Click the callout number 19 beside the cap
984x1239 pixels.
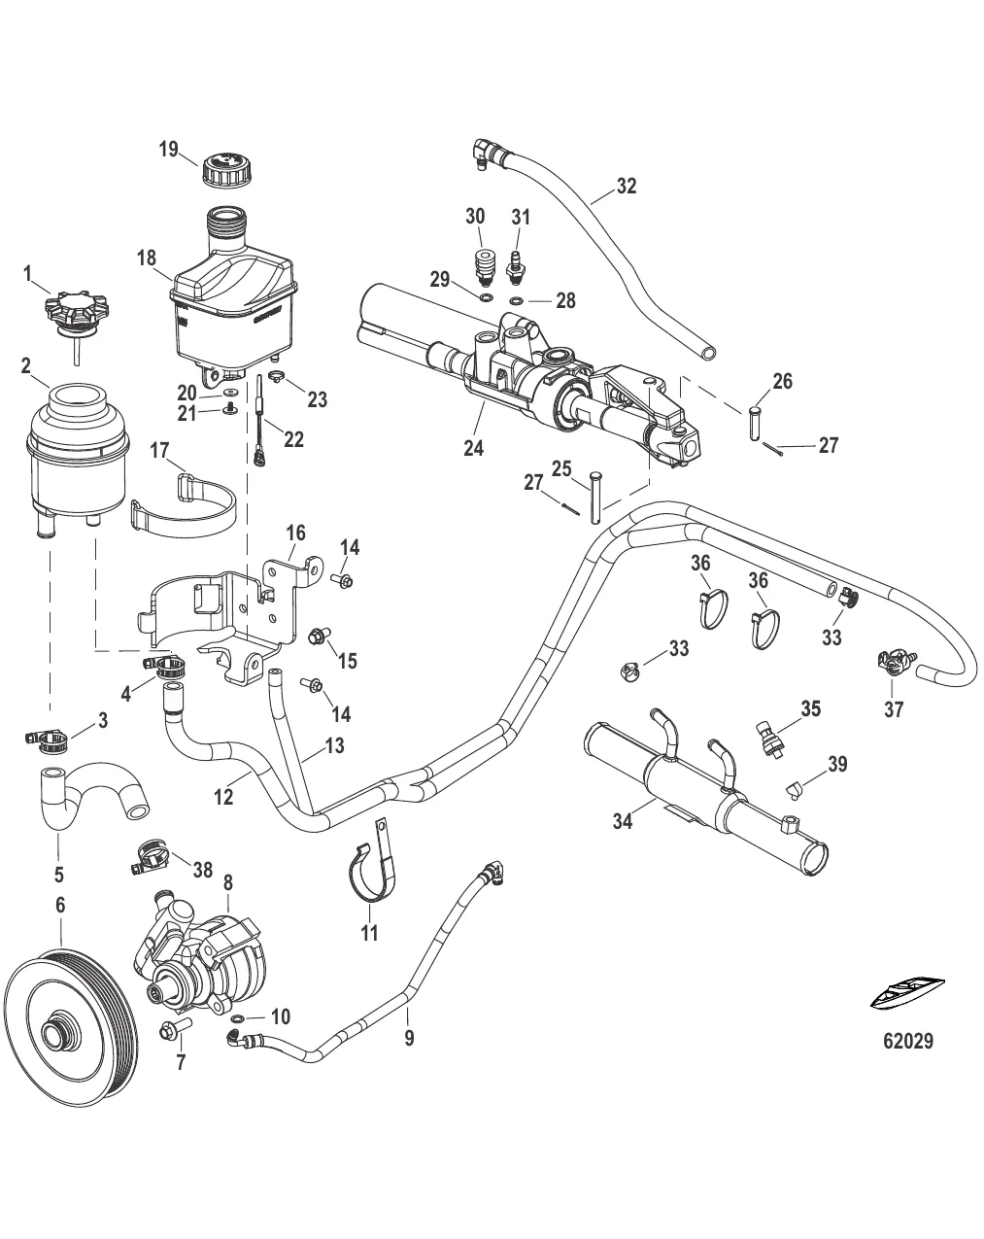click(x=169, y=150)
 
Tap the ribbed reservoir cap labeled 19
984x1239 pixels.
click(x=227, y=173)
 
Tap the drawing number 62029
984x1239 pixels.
click(x=908, y=1041)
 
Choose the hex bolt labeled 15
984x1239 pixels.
click(x=317, y=637)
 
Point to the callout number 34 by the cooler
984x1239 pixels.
click(x=623, y=822)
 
